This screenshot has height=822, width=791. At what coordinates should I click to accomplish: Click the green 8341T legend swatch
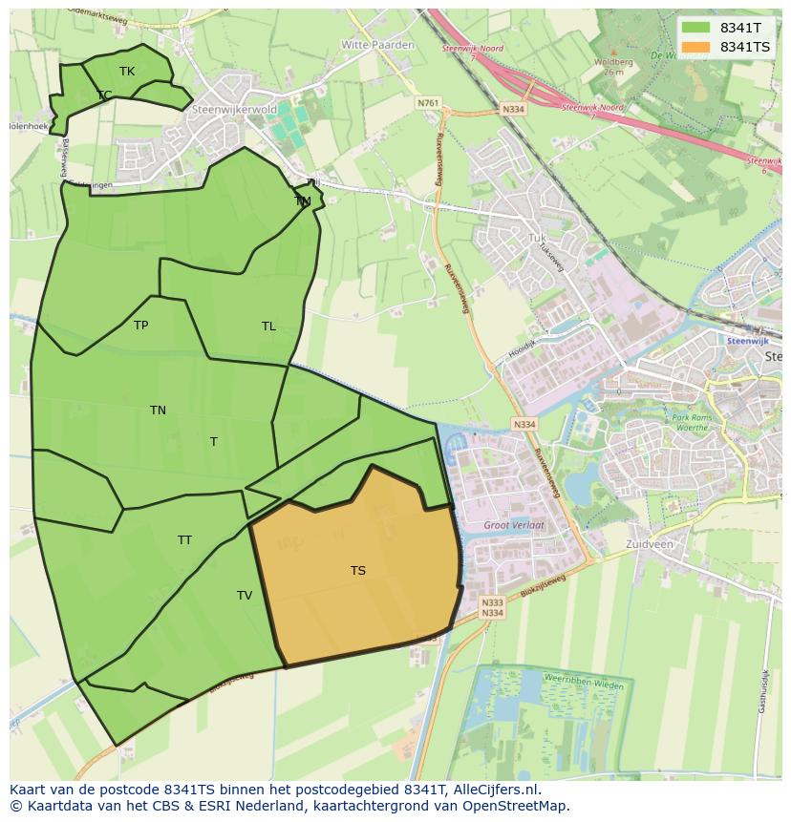click(x=695, y=28)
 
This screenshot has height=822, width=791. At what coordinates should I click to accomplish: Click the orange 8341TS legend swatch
click(x=695, y=47)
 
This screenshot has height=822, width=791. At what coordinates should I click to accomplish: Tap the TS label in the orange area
click(x=357, y=571)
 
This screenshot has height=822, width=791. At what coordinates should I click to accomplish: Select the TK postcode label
click(x=127, y=72)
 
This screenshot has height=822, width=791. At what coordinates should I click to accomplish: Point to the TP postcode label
click(x=140, y=326)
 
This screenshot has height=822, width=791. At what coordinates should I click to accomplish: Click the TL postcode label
click(x=268, y=327)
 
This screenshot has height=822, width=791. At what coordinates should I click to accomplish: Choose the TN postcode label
click(x=158, y=411)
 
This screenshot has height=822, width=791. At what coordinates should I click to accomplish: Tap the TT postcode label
click(x=184, y=540)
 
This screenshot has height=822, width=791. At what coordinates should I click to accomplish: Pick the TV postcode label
click(x=245, y=596)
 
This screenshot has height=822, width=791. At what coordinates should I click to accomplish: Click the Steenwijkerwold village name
click(x=234, y=110)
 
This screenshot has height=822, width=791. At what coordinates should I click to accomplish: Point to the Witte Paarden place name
click(x=378, y=45)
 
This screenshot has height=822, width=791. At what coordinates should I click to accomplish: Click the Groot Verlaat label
click(x=514, y=526)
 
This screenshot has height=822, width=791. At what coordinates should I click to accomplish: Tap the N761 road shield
click(x=428, y=103)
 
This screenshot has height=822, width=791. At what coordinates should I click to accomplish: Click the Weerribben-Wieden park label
click(x=583, y=685)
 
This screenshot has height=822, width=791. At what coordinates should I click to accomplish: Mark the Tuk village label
click(x=536, y=238)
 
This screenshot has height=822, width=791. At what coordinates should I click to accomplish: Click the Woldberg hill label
click(x=613, y=63)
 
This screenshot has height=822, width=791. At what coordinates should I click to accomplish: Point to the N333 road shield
click(x=492, y=602)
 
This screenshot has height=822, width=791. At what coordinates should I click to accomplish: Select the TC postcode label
click(x=104, y=95)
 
